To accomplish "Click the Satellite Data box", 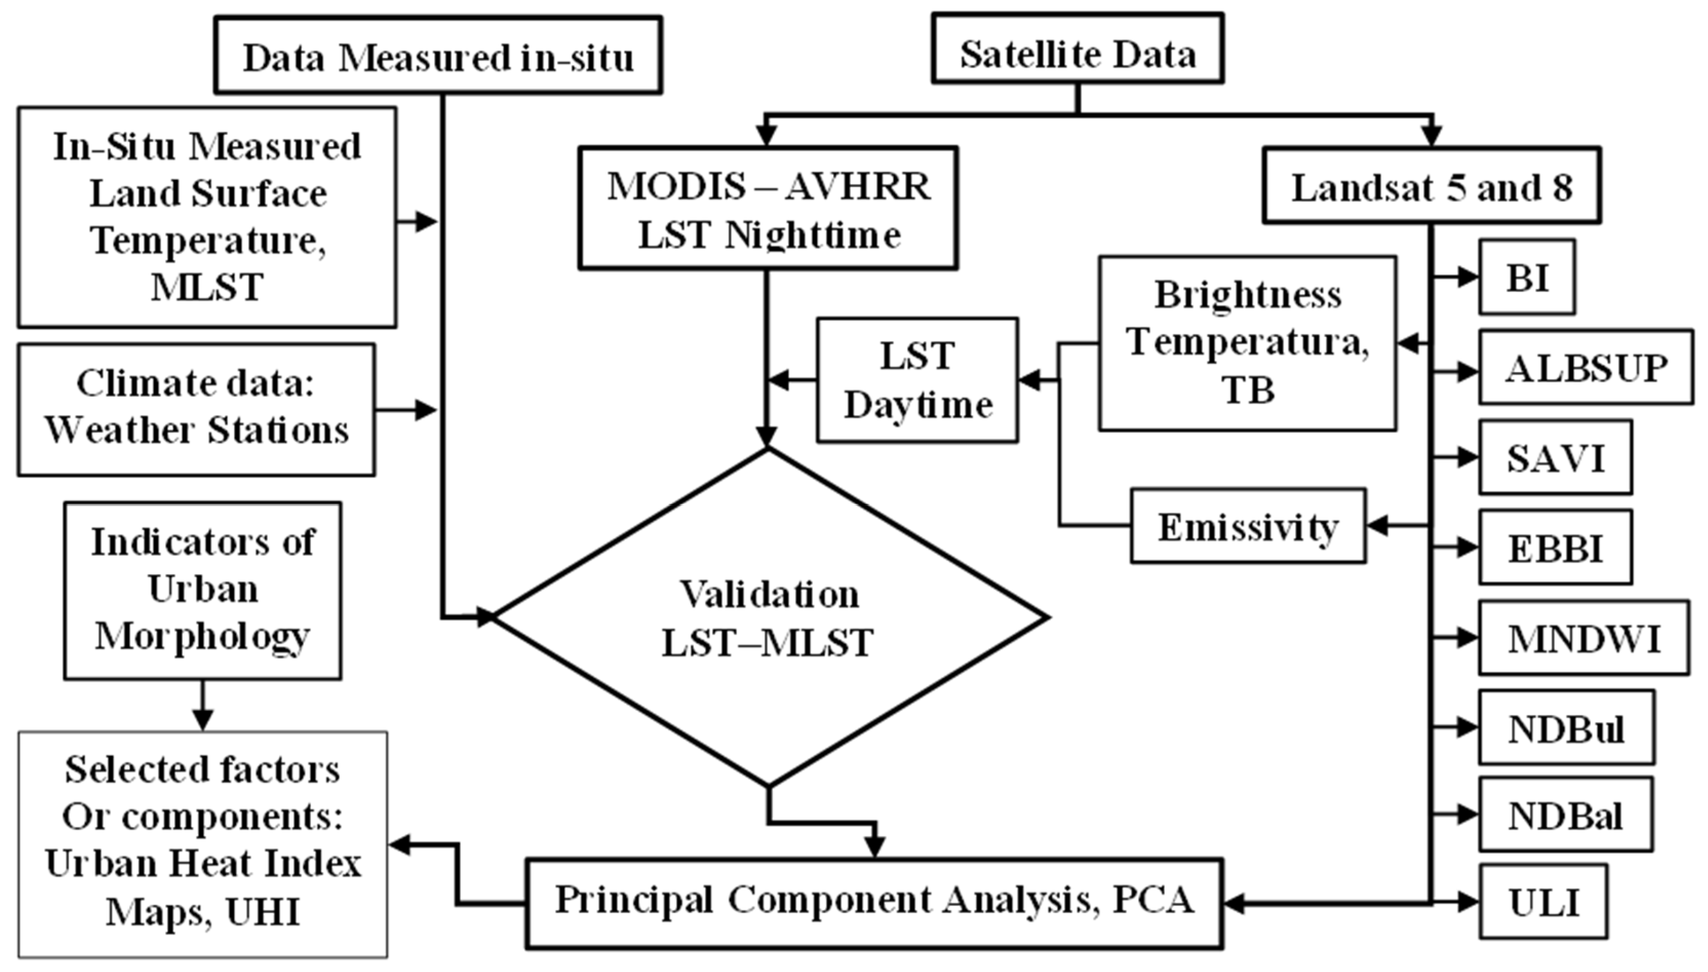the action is pos(1077,49).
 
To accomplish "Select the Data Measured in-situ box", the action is pos(438,55).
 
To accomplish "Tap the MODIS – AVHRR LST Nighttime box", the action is pos(768,208).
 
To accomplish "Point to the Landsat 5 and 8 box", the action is pos(1432,185).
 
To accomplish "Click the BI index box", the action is pos(1527,277).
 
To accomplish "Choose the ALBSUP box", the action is pos(1586,367).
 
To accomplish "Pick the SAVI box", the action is pos(1555,457).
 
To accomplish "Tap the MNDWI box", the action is pos(1584,638).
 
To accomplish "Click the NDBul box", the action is pos(1567,727).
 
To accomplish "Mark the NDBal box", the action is pos(1566,814).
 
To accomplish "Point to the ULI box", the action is pos(1543,901).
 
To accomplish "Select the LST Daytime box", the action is pos(918,380).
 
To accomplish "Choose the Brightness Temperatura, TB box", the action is pos(1247,343).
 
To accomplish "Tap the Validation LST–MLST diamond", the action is pos(769,617).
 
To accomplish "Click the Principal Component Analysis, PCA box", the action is pos(874,903).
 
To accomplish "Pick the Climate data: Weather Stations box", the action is pos(196,410).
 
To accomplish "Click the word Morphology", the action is pos(202,636).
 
